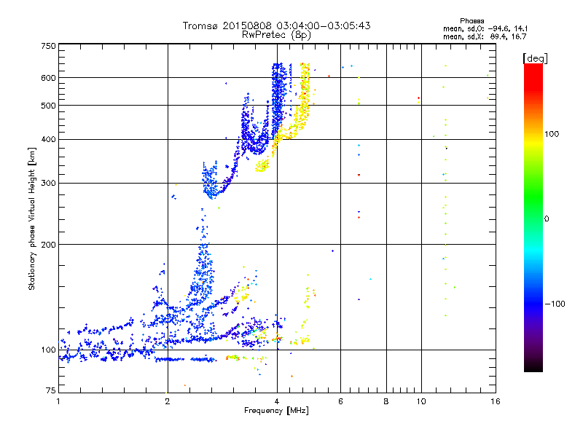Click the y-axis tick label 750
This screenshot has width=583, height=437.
[x=48, y=46]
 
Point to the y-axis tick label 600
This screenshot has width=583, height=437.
[x=48, y=77]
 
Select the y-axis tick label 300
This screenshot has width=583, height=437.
[x=48, y=183]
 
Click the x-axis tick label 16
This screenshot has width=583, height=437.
[x=495, y=401]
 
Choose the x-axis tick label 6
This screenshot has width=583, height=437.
[x=340, y=401]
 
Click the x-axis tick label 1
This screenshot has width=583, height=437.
[x=58, y=401]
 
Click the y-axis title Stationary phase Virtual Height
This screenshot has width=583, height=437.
[x=32, y=219]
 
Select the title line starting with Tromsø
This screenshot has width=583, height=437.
[x=276, y=25]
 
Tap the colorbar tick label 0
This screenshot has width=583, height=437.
[x=547, y=219]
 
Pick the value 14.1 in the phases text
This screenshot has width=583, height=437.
[x=514, y=28]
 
